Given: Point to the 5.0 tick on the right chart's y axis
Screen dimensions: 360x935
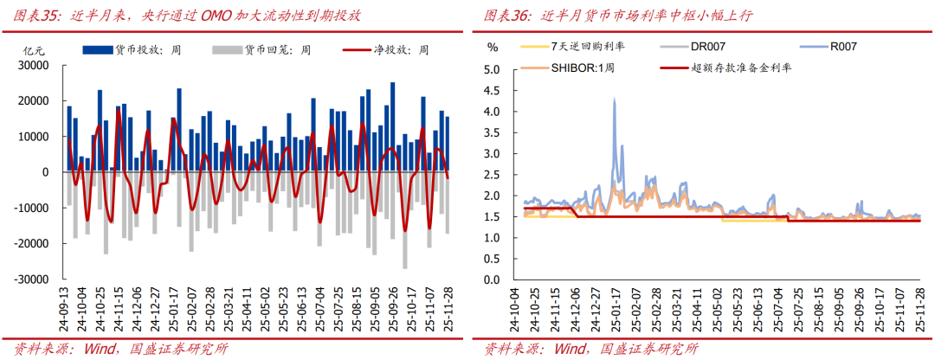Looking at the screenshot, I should click(x=492, y=69).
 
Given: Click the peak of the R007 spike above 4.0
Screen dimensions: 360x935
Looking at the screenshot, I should click(x=614, y=100).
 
